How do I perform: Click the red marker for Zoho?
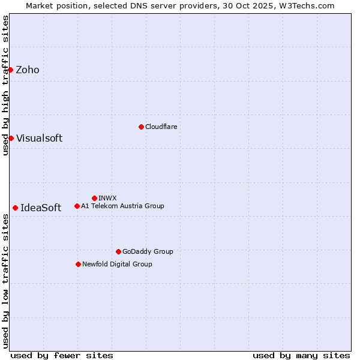pyautogui.click(x=11, y=70)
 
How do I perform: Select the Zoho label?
pyautogui.click(x=28, y=70)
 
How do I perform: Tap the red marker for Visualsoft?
pyautogui.click(x=11, y=138)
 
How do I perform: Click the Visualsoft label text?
pyautogui.click(x=39, y=139)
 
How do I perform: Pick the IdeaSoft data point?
pyautogui.click(x=15, y=208)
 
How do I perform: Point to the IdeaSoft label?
pyautogui.click(x=41, y=208)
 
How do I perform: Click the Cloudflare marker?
pyautogui.click(x=141, y=127)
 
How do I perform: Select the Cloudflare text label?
pyautogui.click(x=161, y=127)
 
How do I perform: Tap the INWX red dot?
pyautogui.click(x=94, y=198)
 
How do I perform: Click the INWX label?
pyautogui.click(x=107, y=199)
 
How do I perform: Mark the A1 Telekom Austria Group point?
pyautogui.click(x=77, y=206)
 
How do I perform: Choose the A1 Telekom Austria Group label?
pyautogui.click(x=122, y=206)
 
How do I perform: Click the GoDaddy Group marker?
pyautogui.click(x=118, y=251)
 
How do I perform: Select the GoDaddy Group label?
pyautogui.click(x=148, y=252)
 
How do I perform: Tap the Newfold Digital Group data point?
pyautogui.click(x=78, y=264)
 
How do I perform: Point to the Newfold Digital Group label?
pyautogui.click(x=117, y=265)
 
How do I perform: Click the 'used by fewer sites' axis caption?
pyautogui.click(x=62, y=355)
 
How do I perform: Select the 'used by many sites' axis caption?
pyautogui.click(x=301, y=355)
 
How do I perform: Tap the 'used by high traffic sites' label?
pyautogui.click(x=5, y=85)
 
